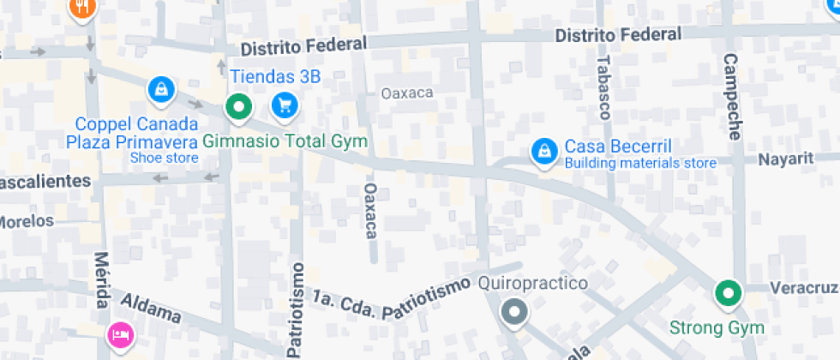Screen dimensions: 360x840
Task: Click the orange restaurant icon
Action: [82, 8]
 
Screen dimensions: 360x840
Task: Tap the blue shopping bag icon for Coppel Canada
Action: [160, 88]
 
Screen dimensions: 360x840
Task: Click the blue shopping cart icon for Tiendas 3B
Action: [284, 106]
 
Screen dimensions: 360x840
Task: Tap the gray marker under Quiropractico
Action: [514, 311]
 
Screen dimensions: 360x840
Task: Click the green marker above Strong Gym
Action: [729, 294]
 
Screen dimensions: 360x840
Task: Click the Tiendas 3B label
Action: [274, 77]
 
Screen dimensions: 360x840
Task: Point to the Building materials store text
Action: [640, 163]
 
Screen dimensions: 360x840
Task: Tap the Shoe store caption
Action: [164, 158]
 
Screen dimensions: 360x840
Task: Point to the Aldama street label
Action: [151, 309]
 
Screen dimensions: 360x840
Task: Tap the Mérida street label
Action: [102, 280]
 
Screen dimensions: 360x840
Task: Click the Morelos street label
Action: [26, 221]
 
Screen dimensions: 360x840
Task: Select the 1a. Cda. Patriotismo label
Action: [391, 299]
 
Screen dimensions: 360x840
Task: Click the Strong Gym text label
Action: [716, 327]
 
